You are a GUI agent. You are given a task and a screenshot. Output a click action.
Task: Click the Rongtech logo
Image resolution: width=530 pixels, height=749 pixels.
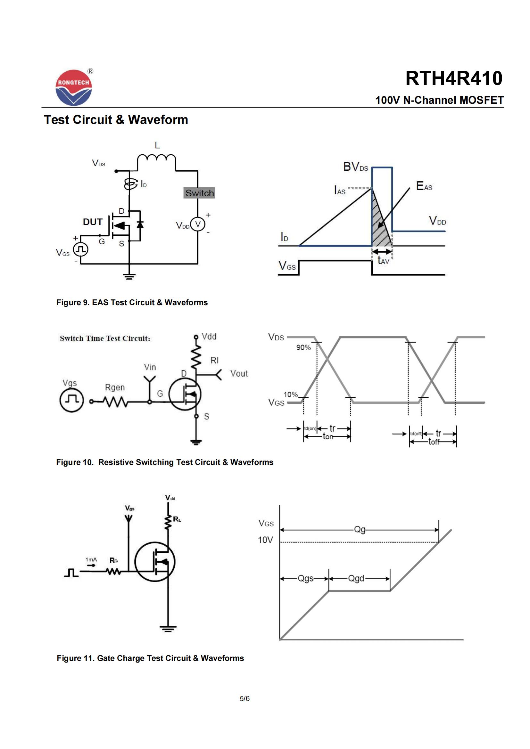74,87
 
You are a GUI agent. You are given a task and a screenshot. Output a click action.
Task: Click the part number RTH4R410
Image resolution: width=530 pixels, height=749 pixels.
454,79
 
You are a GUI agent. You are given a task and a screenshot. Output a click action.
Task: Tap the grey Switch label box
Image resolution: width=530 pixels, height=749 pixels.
199,193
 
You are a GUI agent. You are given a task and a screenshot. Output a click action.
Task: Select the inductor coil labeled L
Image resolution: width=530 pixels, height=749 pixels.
157,159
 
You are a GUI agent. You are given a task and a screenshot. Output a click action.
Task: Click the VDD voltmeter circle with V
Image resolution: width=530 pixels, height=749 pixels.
197,224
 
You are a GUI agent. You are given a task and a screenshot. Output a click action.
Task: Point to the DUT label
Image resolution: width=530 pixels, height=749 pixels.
93,222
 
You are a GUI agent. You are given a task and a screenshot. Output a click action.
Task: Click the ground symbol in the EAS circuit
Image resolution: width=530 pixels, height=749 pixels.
129,277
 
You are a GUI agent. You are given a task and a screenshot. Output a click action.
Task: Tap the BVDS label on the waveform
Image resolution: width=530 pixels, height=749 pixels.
355,167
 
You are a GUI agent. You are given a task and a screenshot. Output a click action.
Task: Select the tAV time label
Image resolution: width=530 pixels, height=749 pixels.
383,260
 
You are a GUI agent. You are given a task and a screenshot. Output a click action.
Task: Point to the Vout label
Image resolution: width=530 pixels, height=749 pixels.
239,373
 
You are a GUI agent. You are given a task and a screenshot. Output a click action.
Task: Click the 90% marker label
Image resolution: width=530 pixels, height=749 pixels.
303,347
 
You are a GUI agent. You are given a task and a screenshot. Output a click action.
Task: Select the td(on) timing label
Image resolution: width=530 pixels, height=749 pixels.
310,428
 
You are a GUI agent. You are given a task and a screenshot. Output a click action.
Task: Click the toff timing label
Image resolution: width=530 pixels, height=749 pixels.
434,442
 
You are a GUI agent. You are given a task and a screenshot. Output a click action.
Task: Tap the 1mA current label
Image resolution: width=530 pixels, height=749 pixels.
91,560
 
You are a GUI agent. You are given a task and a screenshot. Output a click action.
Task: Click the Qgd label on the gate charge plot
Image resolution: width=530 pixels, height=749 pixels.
356,578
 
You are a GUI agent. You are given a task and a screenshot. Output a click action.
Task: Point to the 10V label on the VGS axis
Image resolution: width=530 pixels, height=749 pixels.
265,540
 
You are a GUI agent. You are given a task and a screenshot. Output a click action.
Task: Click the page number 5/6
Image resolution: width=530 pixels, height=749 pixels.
244,698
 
